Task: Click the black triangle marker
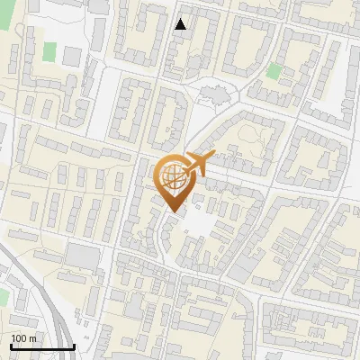[x=181, y=24]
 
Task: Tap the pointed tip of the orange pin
[x=172, y=211]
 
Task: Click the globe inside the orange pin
[x=172, y=176]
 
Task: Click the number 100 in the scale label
[x=20, y=338]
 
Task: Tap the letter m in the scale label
[x=33, y=338]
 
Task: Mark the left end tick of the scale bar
[x=12, y=346]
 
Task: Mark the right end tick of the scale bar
[x=74, y=346]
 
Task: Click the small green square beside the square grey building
[x=49, y=52]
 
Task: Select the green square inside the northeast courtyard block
[x=274, y=71]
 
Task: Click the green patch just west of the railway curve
[x=3, y=296]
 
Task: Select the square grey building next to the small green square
[x=71, y=56]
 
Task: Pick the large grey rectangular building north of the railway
[x=84, y=256]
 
